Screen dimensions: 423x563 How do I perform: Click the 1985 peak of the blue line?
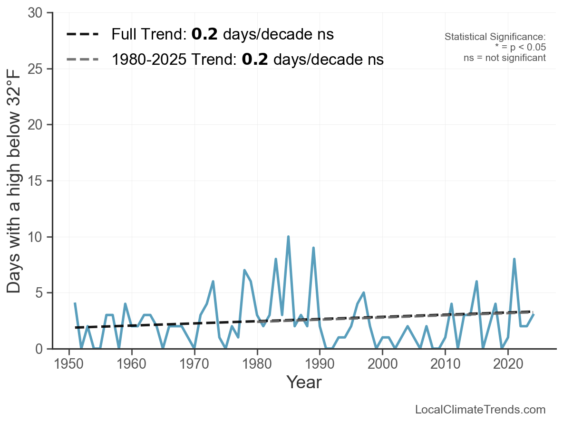click(288, 237)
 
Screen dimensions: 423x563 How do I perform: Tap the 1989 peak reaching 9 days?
click(313, 248)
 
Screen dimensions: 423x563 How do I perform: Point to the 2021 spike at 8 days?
click(514, 259)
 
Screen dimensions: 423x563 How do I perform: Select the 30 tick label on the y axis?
click(38, 13)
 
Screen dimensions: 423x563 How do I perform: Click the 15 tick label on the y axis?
click(38, 181)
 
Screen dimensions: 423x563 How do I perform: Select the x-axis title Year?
click(304, 383)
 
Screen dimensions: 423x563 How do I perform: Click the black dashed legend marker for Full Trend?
click(83, 34)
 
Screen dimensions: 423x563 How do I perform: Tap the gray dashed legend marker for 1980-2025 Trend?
click(83, 60)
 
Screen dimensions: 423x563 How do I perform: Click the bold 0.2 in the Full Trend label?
click(204, 34)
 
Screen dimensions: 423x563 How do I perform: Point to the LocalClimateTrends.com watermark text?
click(480, 410)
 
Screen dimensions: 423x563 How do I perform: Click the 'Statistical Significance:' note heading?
click(495, 37)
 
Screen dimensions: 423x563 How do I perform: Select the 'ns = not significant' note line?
click(505, 58)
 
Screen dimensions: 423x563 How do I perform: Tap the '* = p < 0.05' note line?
click(520, 48)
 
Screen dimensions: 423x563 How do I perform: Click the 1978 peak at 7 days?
click(244, 270)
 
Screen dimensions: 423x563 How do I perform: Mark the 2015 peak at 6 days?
click(476, 282)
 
